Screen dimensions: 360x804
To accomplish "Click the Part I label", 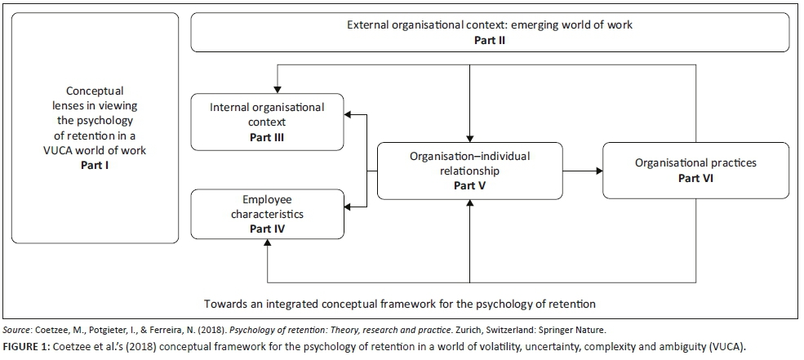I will click(95, 165).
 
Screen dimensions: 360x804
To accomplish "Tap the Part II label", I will click(490, 38).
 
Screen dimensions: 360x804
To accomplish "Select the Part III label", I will click(267, 137).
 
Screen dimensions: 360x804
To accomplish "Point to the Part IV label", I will click(267, 229).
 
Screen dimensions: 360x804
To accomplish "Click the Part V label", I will click(469, 185).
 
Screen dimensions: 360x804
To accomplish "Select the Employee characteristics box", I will click(267, 214).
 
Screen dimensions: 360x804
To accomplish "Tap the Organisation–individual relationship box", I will click(470, 171).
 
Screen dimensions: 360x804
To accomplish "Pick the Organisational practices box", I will click(695, 170).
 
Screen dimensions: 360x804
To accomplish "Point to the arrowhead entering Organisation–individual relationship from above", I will click(470, 138).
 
